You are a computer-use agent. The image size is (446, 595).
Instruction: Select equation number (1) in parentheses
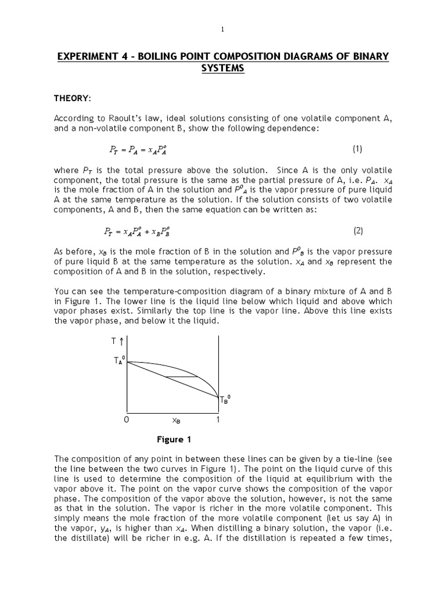tap(357, 149)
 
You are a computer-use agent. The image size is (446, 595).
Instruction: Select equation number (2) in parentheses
tap(357, 231)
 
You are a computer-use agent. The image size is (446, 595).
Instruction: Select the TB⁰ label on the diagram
tap(225, 400)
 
